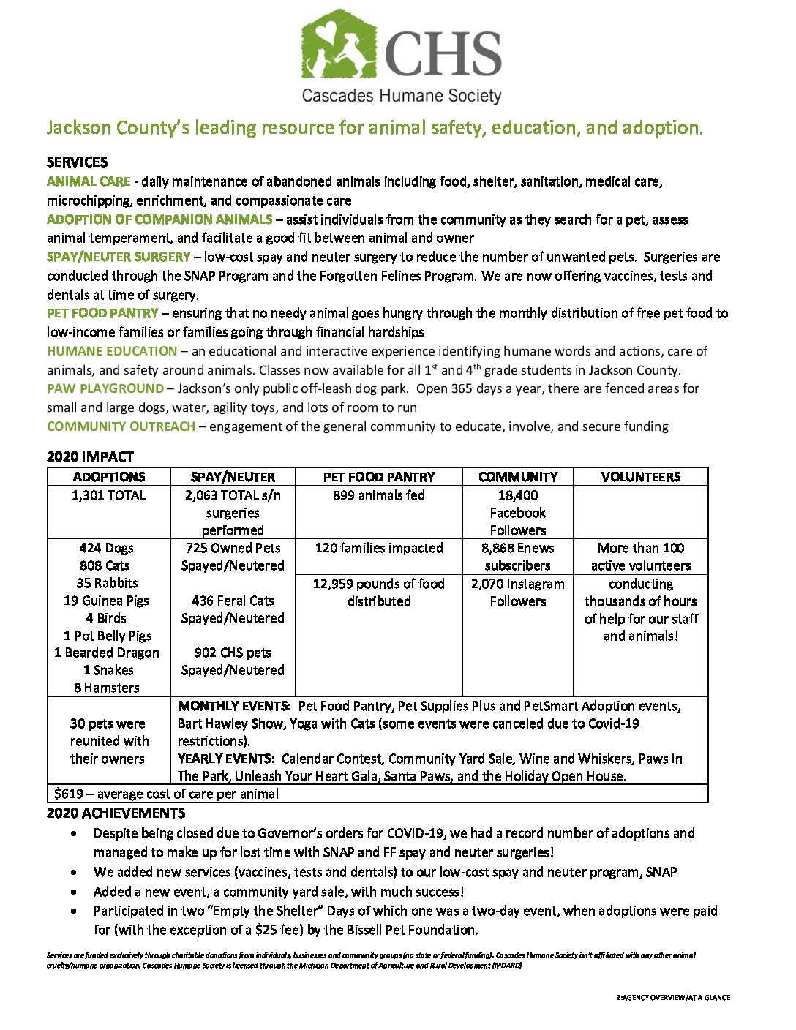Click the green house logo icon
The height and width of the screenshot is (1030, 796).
point(339,45)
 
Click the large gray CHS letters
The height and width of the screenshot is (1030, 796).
point(443,54)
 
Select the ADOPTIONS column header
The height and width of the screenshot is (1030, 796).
point(109,477)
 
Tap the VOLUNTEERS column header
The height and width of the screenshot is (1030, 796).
point(641,477)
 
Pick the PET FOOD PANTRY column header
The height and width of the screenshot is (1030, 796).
point(379,477)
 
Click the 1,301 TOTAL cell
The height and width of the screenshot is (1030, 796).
point(108,495)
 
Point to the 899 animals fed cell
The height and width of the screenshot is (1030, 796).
point(379,495)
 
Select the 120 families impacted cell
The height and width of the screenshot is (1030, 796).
point(379,548)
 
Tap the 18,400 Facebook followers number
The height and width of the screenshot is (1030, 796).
point(518,495)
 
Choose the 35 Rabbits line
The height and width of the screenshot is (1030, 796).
point(107,583)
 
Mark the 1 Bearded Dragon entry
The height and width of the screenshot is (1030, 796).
point(107,653)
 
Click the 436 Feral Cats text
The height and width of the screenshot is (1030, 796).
point(233,601)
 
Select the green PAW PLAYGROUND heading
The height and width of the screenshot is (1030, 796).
point(105,388)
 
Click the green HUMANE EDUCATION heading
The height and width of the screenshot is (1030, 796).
point(112,351)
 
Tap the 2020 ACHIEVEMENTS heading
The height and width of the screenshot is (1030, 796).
point(116,813)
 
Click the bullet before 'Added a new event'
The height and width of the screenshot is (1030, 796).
point(75,892)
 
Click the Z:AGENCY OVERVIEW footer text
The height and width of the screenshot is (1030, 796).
point(673,997)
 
